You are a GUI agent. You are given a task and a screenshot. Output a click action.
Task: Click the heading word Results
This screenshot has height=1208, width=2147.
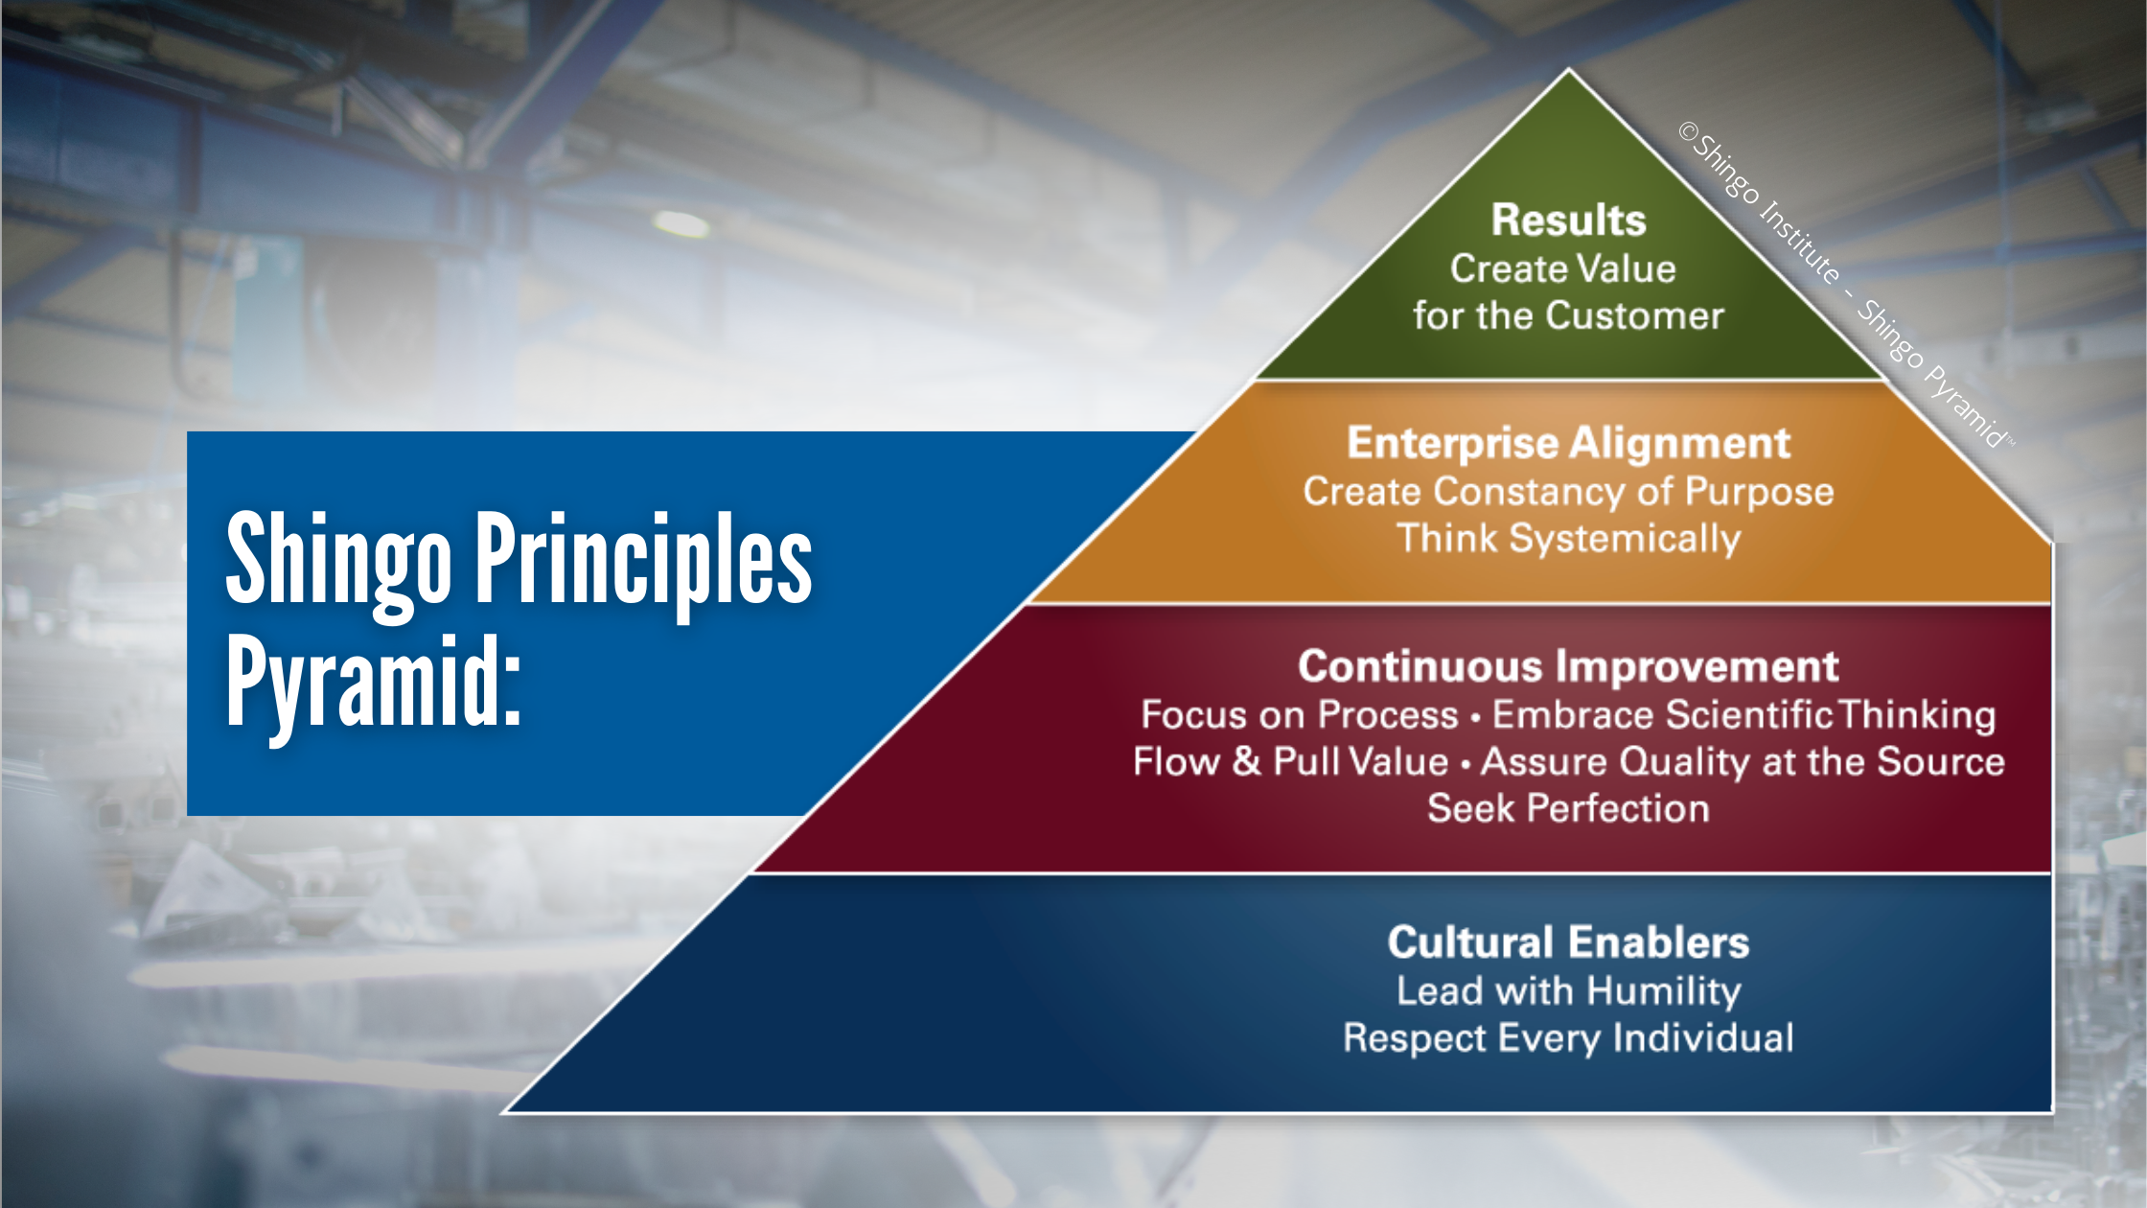1568,221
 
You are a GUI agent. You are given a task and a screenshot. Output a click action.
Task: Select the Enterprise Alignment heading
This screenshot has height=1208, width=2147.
1568,443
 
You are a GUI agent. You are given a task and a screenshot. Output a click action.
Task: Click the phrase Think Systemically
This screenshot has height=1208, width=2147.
1568,539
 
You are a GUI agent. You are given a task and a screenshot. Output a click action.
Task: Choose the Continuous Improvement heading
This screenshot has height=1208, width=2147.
1568,666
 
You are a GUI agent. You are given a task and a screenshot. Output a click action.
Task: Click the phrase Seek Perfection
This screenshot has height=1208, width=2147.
1568,808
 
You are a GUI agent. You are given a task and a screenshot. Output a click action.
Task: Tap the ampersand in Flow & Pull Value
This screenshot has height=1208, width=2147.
1246,761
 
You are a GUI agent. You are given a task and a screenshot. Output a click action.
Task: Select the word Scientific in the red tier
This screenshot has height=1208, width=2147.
1748,715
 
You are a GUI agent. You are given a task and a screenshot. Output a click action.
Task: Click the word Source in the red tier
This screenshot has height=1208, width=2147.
1940,761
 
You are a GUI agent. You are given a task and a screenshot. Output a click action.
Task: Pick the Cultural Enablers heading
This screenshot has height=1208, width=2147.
1568,942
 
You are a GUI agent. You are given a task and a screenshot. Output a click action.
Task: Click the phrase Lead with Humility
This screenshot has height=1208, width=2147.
1568,990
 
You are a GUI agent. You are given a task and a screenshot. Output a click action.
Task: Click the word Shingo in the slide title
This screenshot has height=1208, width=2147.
337,561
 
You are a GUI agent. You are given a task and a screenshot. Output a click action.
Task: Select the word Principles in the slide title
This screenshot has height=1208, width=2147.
643,561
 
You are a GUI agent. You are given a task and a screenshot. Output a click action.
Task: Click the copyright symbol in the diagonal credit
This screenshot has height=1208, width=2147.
1688,131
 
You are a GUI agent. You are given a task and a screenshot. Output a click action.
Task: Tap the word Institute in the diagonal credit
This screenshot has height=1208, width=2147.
1799,240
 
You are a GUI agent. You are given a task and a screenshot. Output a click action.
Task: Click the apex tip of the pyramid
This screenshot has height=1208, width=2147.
1569,70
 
